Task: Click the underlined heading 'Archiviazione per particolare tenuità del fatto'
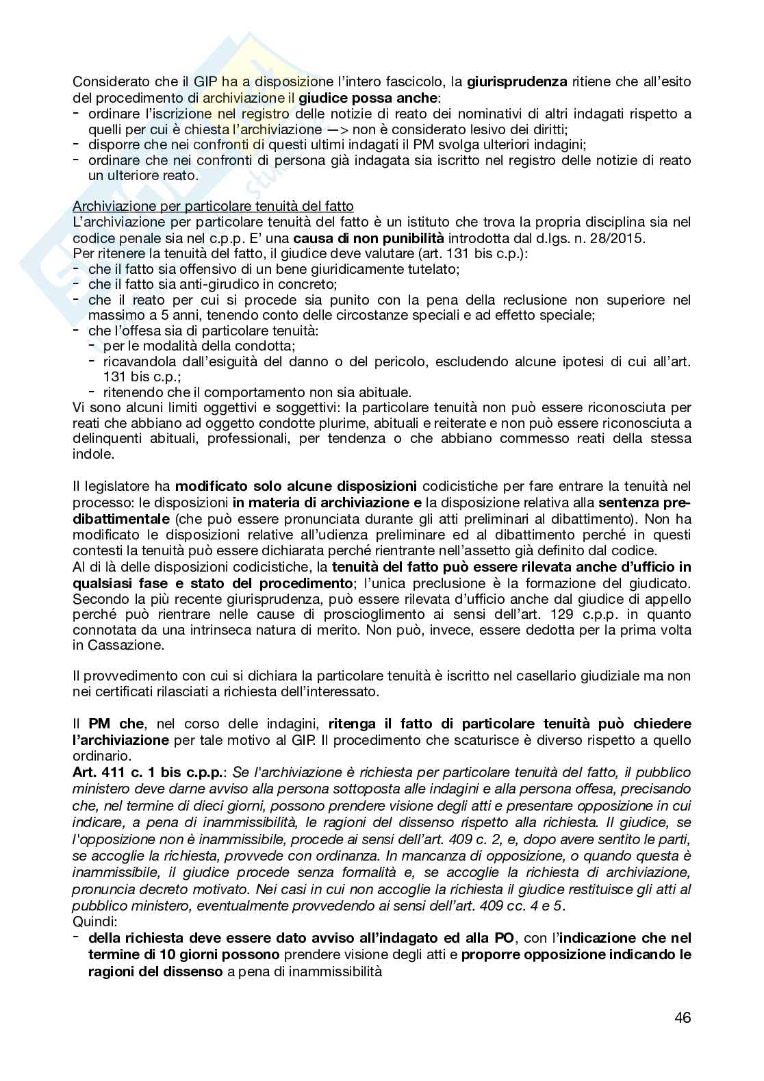click(213, 206)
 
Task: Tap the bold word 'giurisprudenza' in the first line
click(517, 82)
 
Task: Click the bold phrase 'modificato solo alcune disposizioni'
click(296, 487)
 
